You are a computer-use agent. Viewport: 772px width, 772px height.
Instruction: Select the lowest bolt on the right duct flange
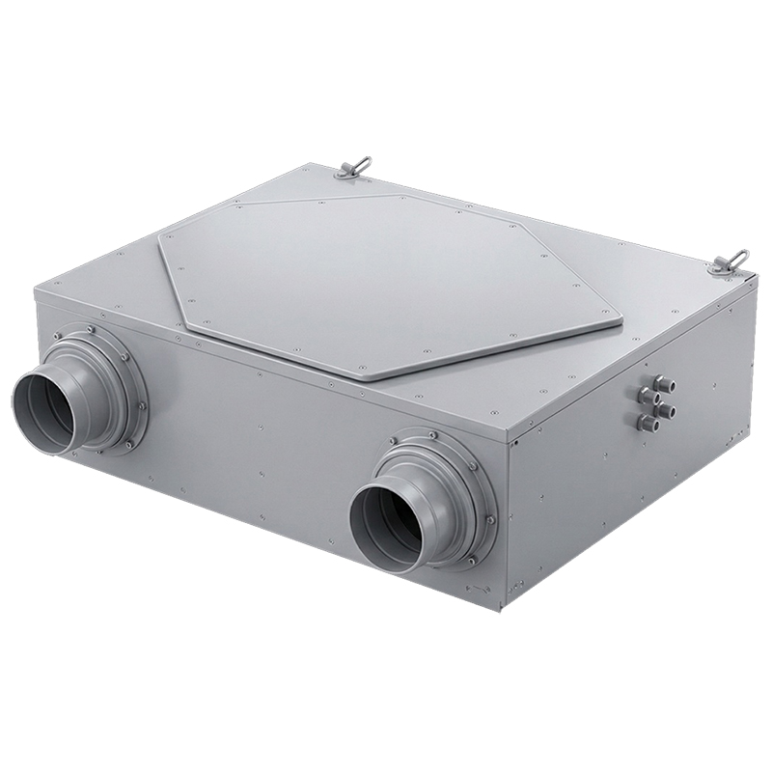[470, 561]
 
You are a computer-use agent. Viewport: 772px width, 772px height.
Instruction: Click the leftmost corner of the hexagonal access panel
[158, 235]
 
